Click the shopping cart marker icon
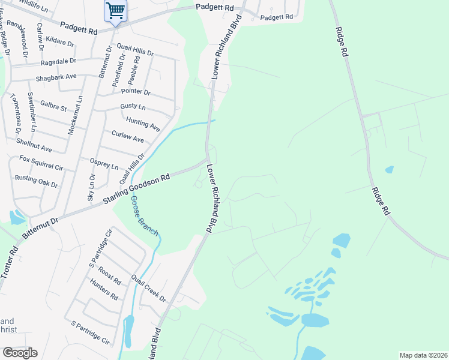pos(115,10)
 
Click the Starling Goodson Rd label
pos(137,188)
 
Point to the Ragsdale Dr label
pos(58,61)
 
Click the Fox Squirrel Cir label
pos(41,163)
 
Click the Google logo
pos(20,353)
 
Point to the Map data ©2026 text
pos(423,355)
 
